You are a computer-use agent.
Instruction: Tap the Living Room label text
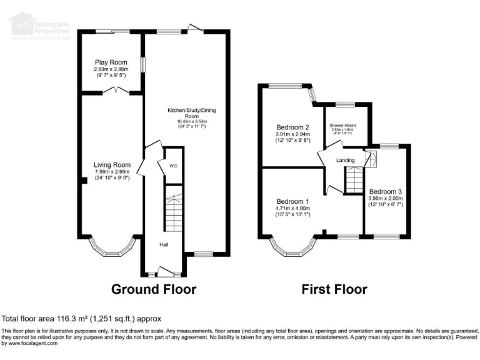click(x=107, y=165)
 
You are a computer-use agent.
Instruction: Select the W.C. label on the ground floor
click(x=174, y=166)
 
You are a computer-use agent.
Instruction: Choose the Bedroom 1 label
click(x=293, y=201)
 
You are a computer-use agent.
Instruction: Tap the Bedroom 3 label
click(x=386, y=191)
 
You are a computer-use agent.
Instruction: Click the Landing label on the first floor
click(x=346, y=161)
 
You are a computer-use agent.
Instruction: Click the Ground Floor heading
click(x=154, y=289)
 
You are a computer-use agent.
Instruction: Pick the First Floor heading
click(x=334, y=289)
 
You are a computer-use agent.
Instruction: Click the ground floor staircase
click(x=173, y=212)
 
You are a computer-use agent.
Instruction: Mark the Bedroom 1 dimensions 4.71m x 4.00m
click(x=293, y=208)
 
